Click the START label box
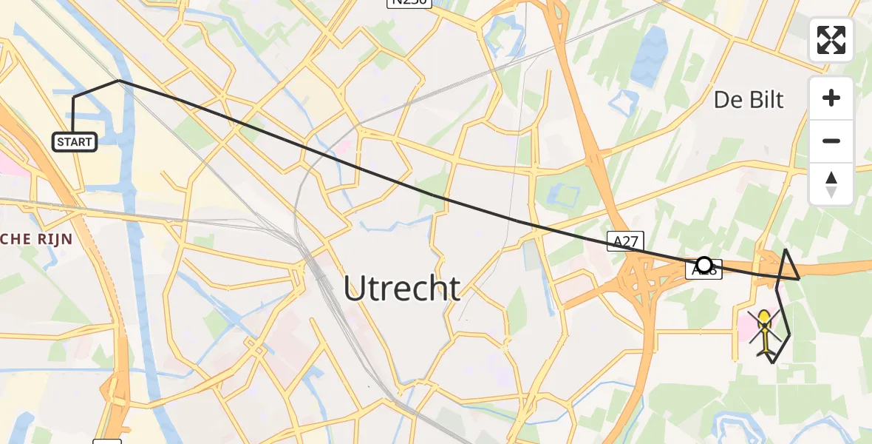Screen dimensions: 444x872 (x=75, y=141)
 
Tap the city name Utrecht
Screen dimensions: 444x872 (x=402, y=288)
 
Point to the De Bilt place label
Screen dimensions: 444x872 (x=749, y=99)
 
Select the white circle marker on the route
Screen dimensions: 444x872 (x=704, y=264)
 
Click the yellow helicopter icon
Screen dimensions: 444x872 (x=764, y=332)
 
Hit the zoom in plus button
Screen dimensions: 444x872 (x=831, y=98)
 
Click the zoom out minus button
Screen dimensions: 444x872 (x=831, y=141)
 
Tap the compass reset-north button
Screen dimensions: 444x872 (x=831, y=184)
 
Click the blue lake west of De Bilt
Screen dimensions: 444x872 (x=650, y=49)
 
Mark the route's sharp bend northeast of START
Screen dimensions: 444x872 (x=119, y=81)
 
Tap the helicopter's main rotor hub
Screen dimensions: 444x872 (x=764, y=326)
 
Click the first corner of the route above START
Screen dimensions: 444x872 (x=73, y=98)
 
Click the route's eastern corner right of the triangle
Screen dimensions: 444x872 (x=799, y=279)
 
